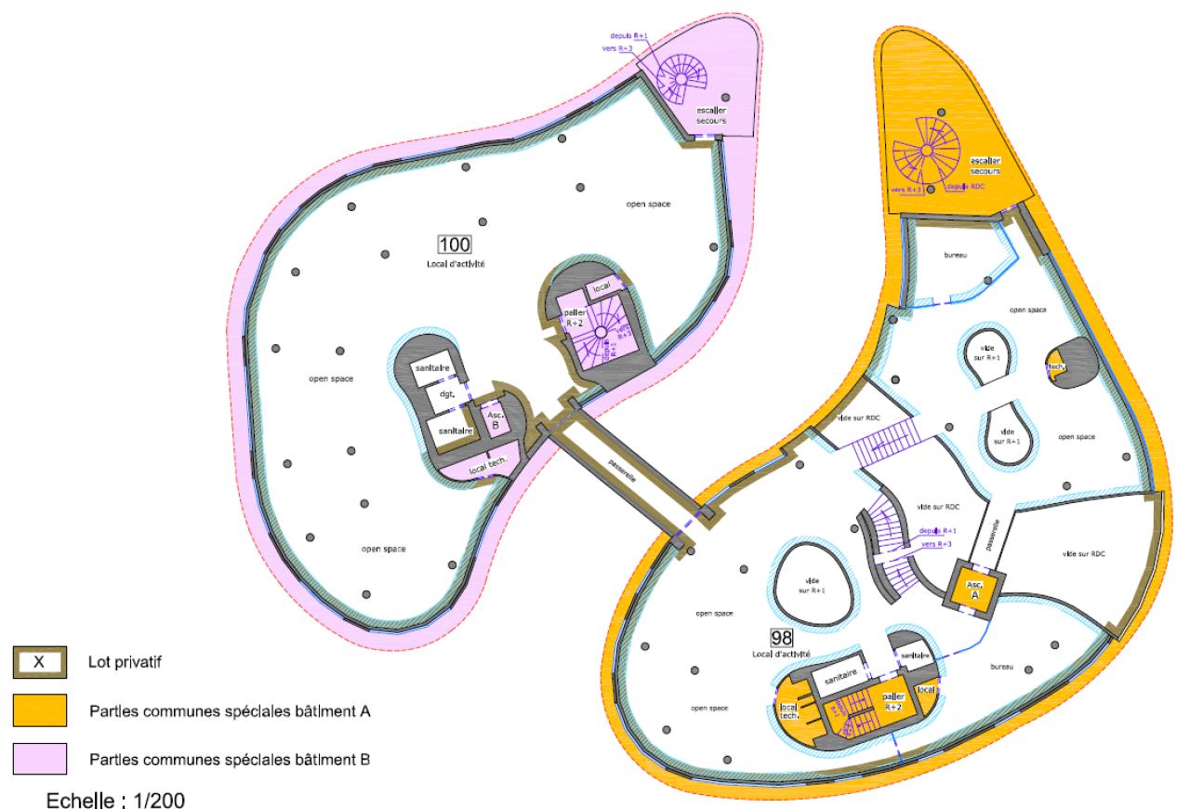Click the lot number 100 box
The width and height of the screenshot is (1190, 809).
pyautogui.click(x=456, y=245)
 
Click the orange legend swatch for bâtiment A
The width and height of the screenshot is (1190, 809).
pyautogui.click(x=40, y=710)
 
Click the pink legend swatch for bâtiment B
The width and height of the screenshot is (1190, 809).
pyautogui.click(x=40, y=759)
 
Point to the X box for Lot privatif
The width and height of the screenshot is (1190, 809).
pyautogui.click(x=40, y=662)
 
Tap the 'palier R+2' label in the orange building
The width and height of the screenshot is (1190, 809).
pyautogui.click(x=892, y=701)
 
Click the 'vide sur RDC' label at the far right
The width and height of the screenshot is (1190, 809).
pyautogui.click(x=1084, y=553)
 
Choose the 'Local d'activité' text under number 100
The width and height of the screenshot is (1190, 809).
pyautogui.click(x=456, y=265)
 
